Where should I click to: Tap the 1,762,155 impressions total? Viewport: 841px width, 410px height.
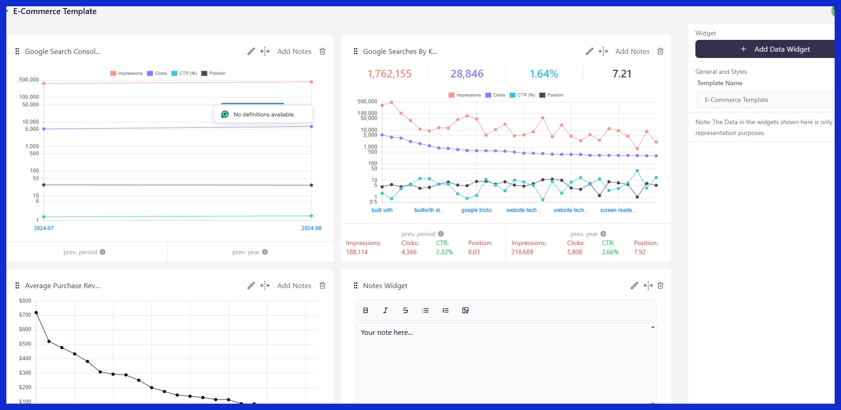389,74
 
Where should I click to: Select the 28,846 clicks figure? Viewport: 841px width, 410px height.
467,74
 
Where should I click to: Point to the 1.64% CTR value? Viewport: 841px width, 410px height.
544,74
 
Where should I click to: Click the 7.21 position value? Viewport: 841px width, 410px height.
621,74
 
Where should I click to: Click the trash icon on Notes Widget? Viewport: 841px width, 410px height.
660,285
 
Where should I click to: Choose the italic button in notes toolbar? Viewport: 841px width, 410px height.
385,310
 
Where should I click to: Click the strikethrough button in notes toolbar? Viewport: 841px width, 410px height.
405,310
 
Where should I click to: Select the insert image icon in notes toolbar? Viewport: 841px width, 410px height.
465,310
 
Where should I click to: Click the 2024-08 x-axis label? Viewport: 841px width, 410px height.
311,228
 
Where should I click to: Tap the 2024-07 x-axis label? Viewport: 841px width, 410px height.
44,228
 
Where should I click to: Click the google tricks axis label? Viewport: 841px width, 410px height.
476,210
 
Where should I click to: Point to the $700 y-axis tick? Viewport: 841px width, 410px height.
25,315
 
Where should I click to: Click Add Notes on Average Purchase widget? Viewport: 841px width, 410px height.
294,285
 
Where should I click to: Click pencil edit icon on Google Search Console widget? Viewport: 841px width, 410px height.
251,51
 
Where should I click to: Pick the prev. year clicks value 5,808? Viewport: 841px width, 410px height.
574,252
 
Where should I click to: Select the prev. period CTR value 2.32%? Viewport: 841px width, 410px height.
444,252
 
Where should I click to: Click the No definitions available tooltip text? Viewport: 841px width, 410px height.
264,115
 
